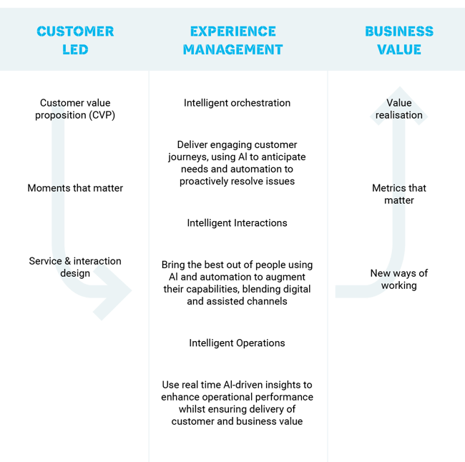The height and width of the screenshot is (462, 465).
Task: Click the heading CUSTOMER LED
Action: pyautogui.click(x=75, y=40)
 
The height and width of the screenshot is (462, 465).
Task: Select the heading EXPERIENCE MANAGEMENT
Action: pyautogui.click(x=232, y=40)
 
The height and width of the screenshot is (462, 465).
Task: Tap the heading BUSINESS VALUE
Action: pyautogui.click(x=398, y=40)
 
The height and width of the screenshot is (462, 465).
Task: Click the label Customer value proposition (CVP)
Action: pyautogui.click(x=75, y=109)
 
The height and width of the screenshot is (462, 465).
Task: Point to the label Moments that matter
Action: pyautogui.click(x=75, y=188)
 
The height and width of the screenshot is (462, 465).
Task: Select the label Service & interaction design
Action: pyautogui.click(x=75, y=267)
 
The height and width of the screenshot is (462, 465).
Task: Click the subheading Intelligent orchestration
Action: pyautogui.click(x=237, y=103)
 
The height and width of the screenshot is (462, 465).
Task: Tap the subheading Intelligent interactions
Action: pyautogui.click(x=237, y=223)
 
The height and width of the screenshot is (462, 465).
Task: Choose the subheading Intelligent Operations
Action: pyautogui.click(x=237, y=343)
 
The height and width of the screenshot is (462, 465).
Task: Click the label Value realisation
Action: pyautogui.click(x=399, y=109)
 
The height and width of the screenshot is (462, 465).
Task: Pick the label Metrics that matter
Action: pyautogui.click(x=399, y=194)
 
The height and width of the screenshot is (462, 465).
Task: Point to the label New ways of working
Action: pyautogui.click(x=399, y=279)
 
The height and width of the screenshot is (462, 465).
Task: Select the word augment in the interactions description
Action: pyautogui.click(x=288, y=277)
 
